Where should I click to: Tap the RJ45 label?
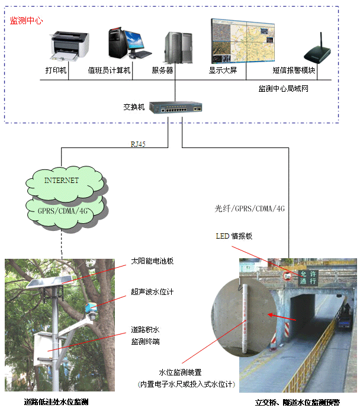tap(137, 145)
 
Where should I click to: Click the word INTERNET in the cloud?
tap(62, 180)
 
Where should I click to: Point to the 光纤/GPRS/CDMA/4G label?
tap(250, 209)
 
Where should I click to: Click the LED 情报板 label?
tap(234, 236)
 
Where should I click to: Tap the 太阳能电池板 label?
tap(152, 261)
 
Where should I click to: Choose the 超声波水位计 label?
tap(152, 292)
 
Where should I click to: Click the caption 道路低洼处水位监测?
tap(56, 402)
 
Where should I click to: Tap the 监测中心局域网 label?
tap(282, 89)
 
